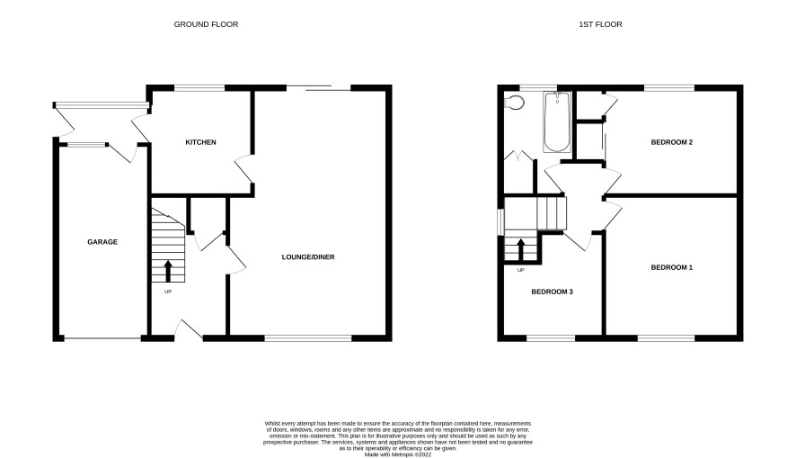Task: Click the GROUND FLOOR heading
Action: coord(206,24)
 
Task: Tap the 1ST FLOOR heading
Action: coord(600,24)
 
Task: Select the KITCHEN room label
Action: coord(200,142)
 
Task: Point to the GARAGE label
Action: coord(102,242)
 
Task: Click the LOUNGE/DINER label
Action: coord(308,257)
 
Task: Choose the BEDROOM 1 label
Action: coord(672,267)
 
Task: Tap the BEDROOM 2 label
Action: coord(672,142)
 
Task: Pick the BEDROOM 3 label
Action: coord(552,292)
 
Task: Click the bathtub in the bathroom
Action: coord(557,122)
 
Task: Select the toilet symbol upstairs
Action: coord(514,103)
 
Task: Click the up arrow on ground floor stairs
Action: coord(167,272)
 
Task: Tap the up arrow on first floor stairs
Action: coord(520,249)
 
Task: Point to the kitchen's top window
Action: coord(199,88)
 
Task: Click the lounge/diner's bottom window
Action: coord(307,338)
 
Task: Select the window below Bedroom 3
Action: coord(551,338)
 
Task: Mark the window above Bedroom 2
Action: coord(669,88)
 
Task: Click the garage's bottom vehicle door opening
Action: coord(102,338)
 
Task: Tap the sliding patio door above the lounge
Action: coord(319,88)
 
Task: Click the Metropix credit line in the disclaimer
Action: coord(397,454)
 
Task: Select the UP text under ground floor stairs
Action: coord(167,292)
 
